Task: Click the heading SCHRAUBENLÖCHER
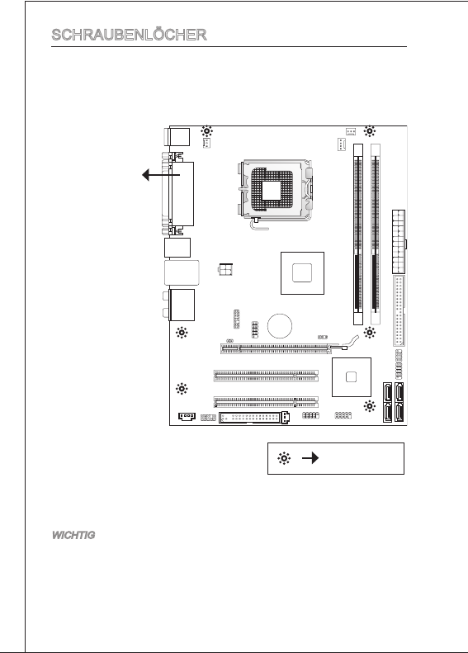tap(129, 35)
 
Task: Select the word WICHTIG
tap(73, 535)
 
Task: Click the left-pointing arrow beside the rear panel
tap(161, 175)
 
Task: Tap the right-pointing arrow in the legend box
tap(310, 458)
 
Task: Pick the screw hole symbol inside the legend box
tap(284, 458)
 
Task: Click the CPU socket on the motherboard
tap(275, 191)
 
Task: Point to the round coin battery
tap(279, 325)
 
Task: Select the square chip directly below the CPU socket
tap(302, 273)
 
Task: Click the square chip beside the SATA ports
tap(352, 377)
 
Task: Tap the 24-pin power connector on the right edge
tap(399, 242)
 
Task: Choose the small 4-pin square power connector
tap(225, 269)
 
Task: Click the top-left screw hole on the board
tap(207, 131)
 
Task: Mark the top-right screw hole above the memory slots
tap(369, 131)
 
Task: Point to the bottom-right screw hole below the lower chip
tap(369, 406)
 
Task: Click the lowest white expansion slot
tap(266, 402)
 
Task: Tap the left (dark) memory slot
tap(358, 234)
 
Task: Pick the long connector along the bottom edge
tap(253, 417)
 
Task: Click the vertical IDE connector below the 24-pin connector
tap(399, 310)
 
